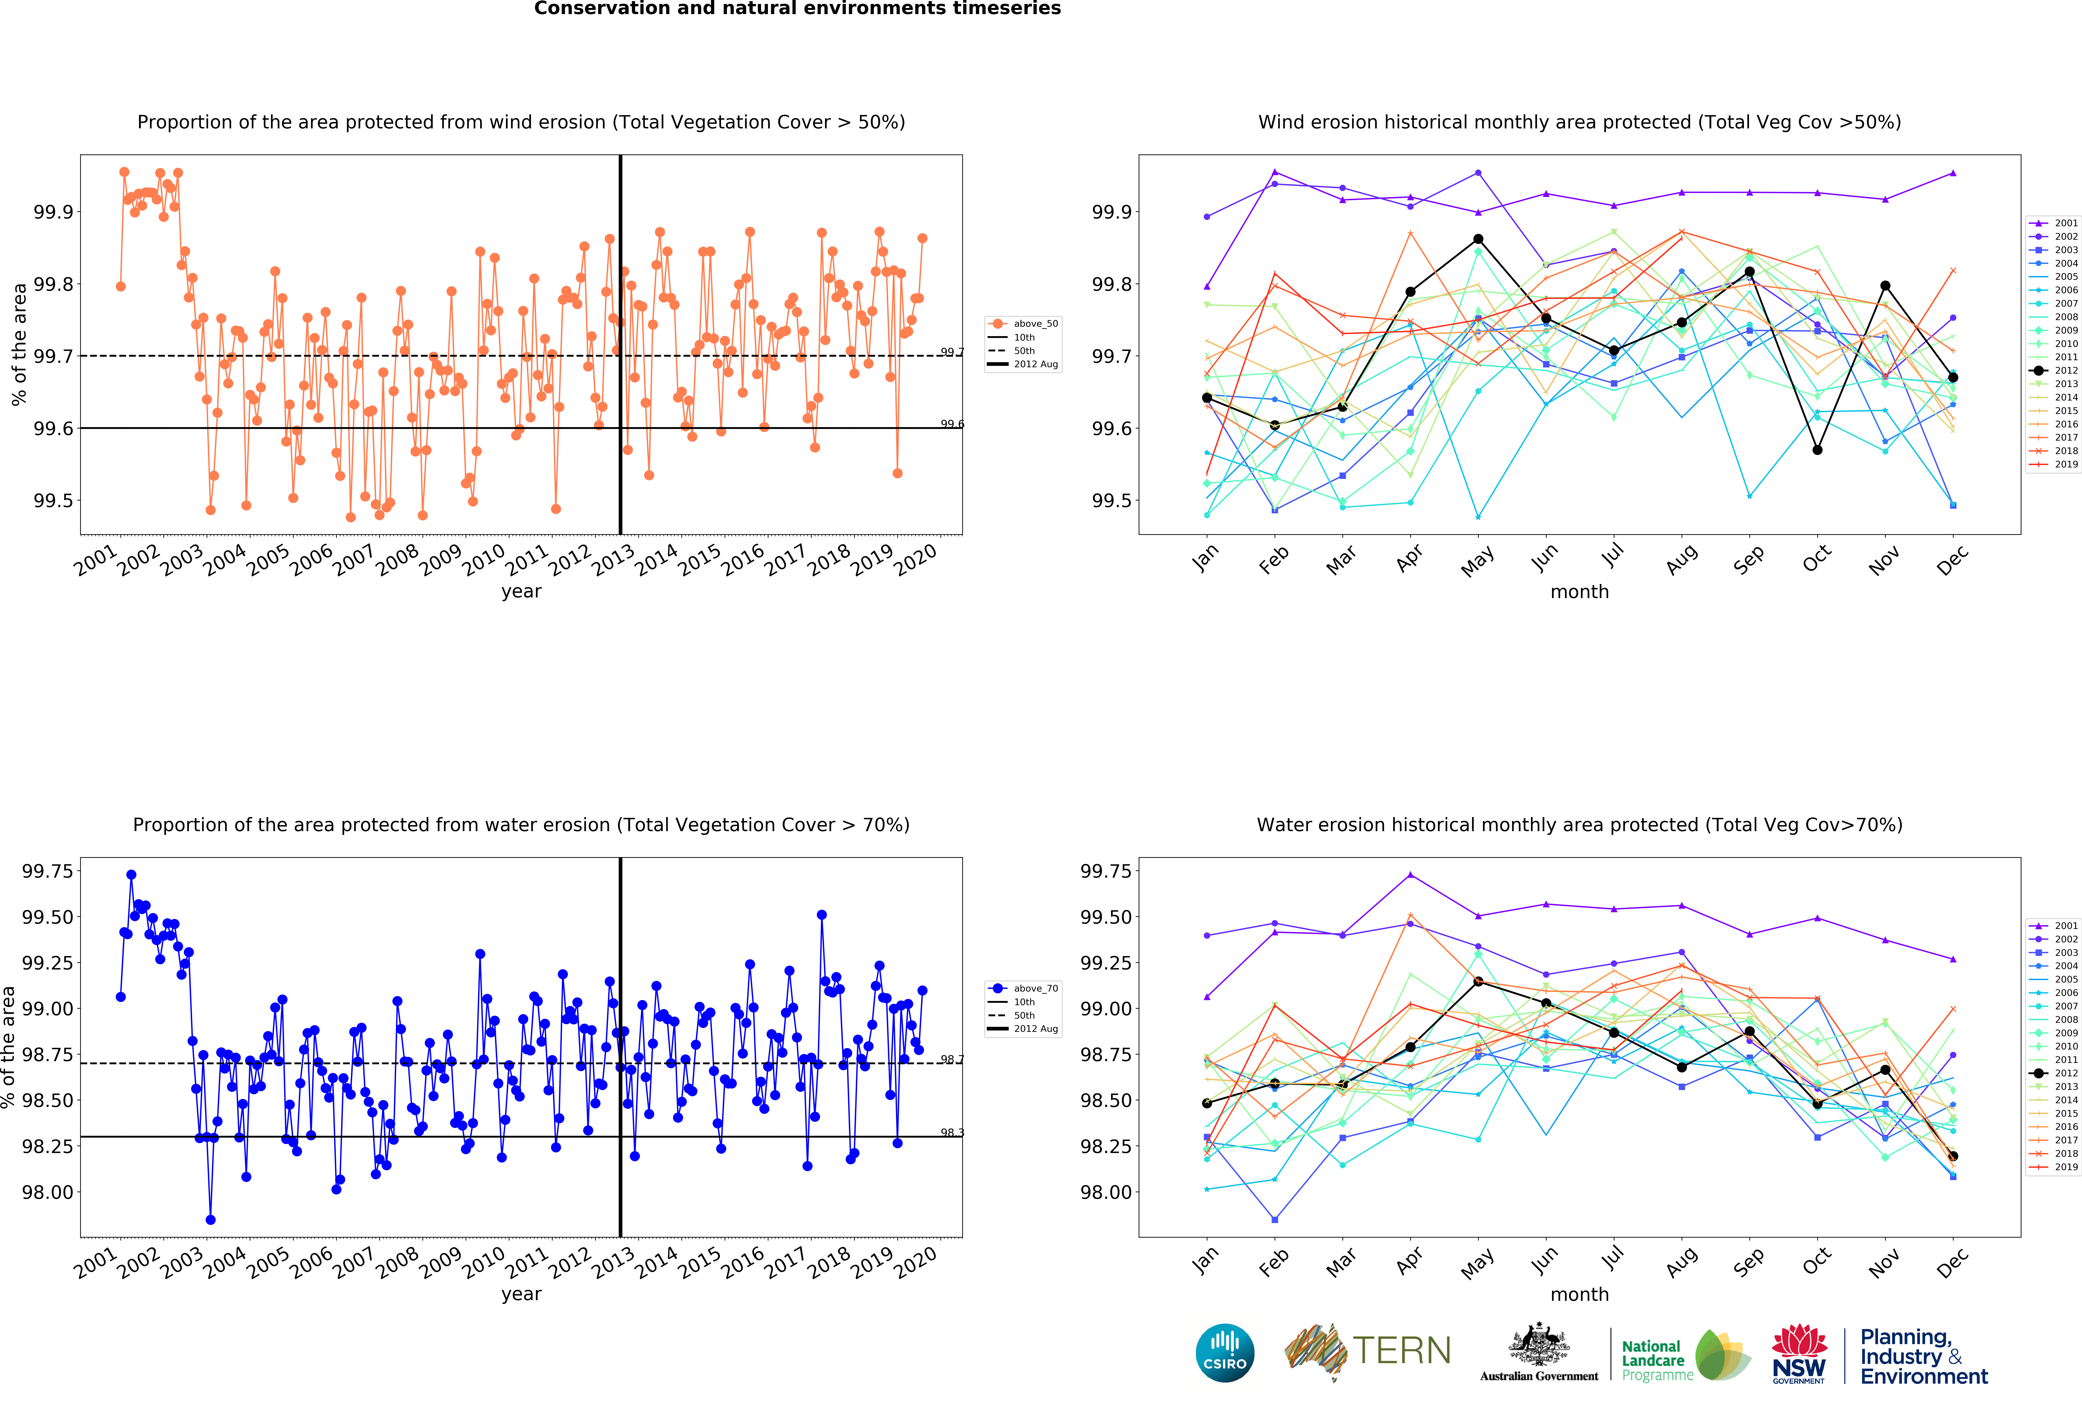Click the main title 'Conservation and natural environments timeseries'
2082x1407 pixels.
pos(797,9)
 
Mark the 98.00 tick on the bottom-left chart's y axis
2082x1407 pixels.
pos(47,1192)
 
